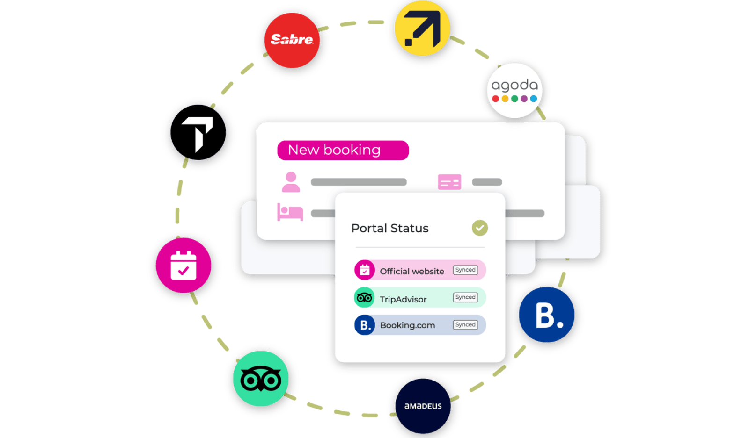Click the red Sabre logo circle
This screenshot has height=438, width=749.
click(292, 40)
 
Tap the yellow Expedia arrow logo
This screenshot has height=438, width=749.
click(422, 28)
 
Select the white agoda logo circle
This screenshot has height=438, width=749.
click(514, 91)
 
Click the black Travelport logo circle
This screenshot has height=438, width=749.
click(198, 132)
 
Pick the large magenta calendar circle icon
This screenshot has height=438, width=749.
click(184, 266)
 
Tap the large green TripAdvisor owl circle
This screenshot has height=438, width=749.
click(261, 379)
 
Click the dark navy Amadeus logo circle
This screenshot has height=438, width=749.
click(423, 406)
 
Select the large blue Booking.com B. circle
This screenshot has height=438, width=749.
click(547, 315)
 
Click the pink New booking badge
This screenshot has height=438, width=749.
click(343, 150)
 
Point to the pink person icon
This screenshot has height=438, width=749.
click(291, 182)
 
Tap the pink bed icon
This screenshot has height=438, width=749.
click(290, 212)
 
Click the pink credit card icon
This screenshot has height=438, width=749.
click(449, 182)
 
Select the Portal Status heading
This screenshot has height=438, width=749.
click(390, 228)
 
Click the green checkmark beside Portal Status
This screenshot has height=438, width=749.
click(480, 228)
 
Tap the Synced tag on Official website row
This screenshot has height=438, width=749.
click(465, 270)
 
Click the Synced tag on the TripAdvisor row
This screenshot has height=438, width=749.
click(465, 297)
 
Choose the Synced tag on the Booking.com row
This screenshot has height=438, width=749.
click(465, 324)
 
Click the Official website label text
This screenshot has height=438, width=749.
click(412, 272)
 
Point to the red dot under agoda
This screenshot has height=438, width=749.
click(496, 99)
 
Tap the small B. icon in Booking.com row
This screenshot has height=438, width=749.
click(365, 325)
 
